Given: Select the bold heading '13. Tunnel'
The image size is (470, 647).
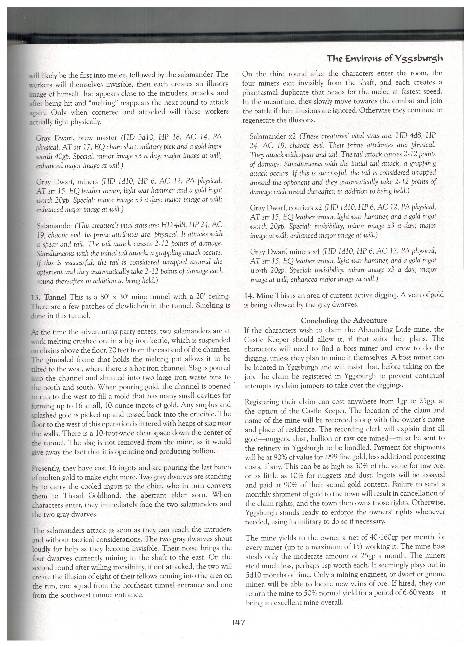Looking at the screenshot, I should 49,297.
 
